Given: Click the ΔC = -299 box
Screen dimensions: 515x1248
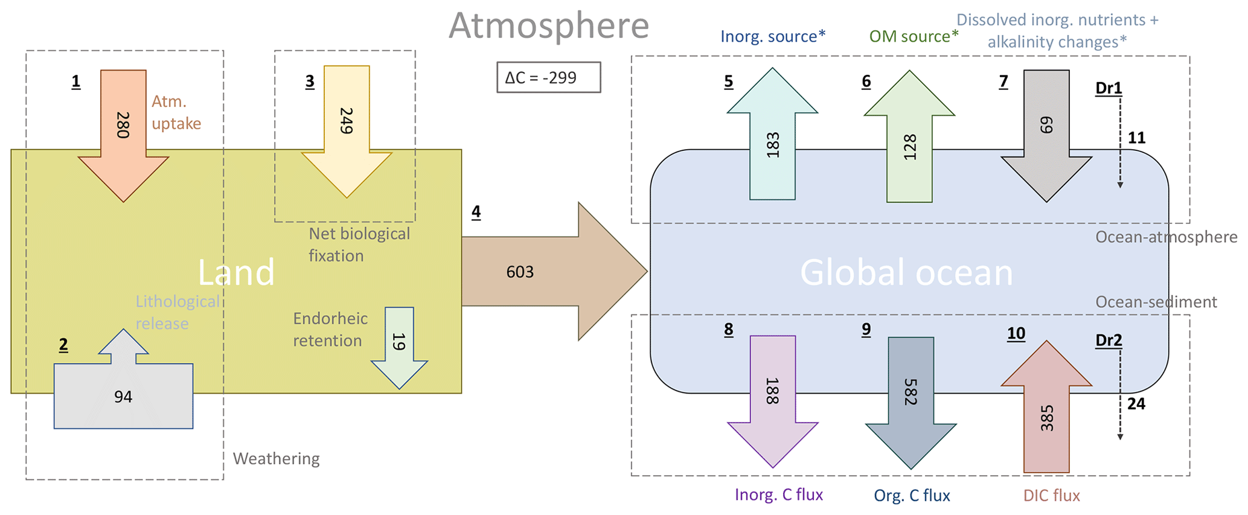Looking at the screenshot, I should [548, 77].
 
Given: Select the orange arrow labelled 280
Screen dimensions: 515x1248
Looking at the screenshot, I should [123, 133].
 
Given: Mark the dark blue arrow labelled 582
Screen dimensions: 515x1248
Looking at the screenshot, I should [910, 398].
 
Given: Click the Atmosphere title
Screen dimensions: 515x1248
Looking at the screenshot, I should [548, 25].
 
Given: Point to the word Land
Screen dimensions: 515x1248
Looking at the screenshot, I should [236, 272].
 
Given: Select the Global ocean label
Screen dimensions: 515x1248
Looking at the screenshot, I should [906, 272].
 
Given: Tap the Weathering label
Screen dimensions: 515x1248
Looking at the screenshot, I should [276, 459].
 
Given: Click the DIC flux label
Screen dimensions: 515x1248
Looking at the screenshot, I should [1051, 496].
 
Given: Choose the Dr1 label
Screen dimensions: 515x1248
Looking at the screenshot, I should [1109, 88].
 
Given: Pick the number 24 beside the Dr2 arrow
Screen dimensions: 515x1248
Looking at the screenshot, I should [1136, 403].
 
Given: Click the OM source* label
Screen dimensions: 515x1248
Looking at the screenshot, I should [914, 36].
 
